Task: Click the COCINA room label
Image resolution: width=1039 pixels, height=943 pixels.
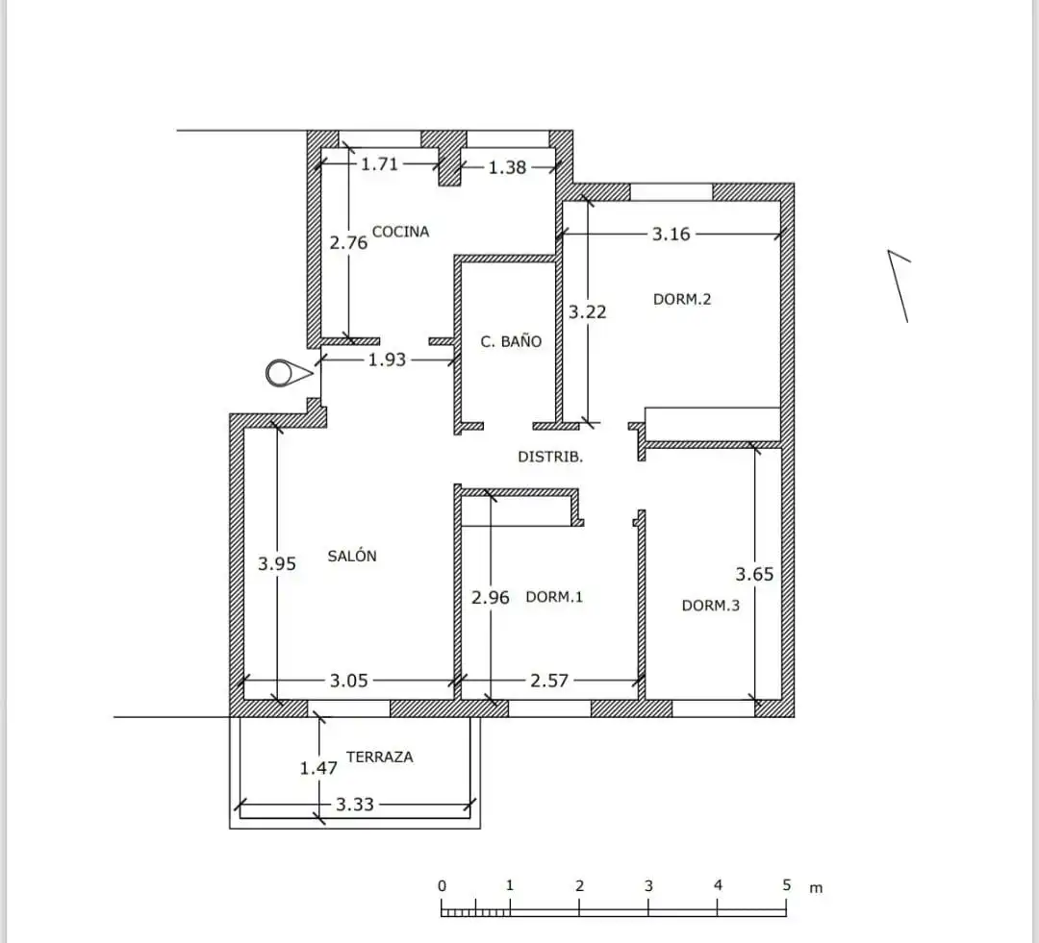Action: pyautogui.click(x=400, y=232)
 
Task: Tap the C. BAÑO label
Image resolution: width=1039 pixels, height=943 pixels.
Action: pyautogui.click(x=511, y=341)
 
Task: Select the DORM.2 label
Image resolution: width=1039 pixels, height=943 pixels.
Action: pyautogui.click(x=682, y=299)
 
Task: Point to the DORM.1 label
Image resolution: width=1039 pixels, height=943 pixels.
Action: pyautogui.click(x=554, y=597)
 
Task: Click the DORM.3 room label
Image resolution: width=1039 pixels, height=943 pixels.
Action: pyautogui.click(x=710, y=606)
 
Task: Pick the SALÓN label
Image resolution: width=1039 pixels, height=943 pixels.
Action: pyautogui.click(x=352, y=556)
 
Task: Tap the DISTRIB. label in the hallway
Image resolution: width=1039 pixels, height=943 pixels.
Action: pyautogui.click(x=550, y=457)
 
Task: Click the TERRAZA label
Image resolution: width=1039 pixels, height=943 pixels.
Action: pyautogui.click(x=380, y=757)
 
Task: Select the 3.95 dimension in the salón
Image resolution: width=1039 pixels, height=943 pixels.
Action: pyautogui.click(x=277, y=563)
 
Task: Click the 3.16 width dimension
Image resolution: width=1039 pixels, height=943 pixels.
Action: pyautogui.click(x=672, y=234)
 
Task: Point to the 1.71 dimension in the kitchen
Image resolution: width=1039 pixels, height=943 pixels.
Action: pyautogui.click(x=380, y=163)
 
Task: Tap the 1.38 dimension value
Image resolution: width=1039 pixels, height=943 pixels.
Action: pyautogui.click(x=507, y=167)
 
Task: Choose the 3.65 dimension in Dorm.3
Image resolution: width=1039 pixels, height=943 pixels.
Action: pyautogui.click(x=755, y=574)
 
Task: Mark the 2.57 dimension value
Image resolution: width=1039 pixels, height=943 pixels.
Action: pyautogui.click(x=549, y=681)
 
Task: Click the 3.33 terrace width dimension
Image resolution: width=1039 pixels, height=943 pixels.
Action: pyautogui.click(x=355, y=805)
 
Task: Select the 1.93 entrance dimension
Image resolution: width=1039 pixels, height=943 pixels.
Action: pyautogui.click(x=387, y=360)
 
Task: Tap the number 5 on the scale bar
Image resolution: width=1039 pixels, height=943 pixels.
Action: pyautogui.click(x=787, y=885)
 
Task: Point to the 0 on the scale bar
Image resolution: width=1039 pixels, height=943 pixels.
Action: pyautogui.click(x=442, y=886)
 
